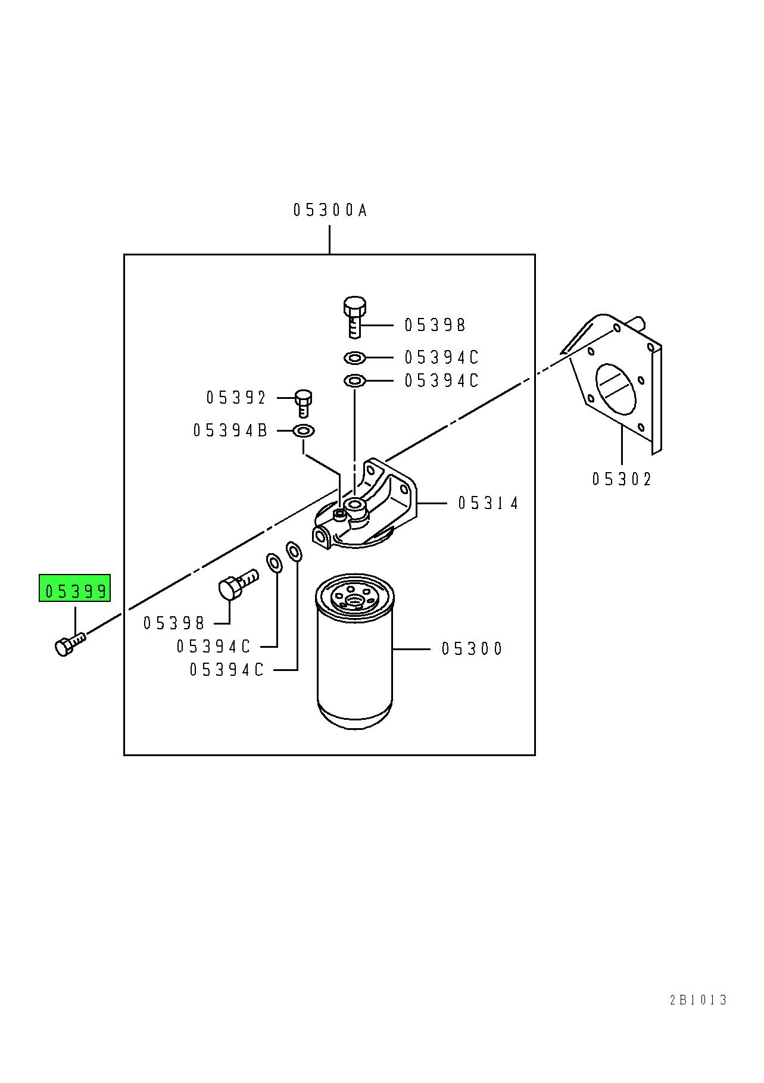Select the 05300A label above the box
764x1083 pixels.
click(330, 210)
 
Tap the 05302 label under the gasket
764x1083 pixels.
click(622, 479)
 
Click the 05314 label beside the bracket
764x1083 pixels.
click(488, 504)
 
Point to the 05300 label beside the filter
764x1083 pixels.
click(472, 649)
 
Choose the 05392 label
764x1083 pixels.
click(236, 398)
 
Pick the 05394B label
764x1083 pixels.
click(230, 430)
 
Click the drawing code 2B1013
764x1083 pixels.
click(698, 1000)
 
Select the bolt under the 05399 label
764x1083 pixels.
click(70, 645)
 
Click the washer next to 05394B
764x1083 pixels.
click(304, 430)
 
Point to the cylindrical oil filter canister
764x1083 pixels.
click(355, 651)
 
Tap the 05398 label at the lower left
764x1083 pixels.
click(174, 623)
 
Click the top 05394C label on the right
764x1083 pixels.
click(442, 357)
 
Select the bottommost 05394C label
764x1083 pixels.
click(227, 670)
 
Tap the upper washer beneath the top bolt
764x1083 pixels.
click(354, 358)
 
